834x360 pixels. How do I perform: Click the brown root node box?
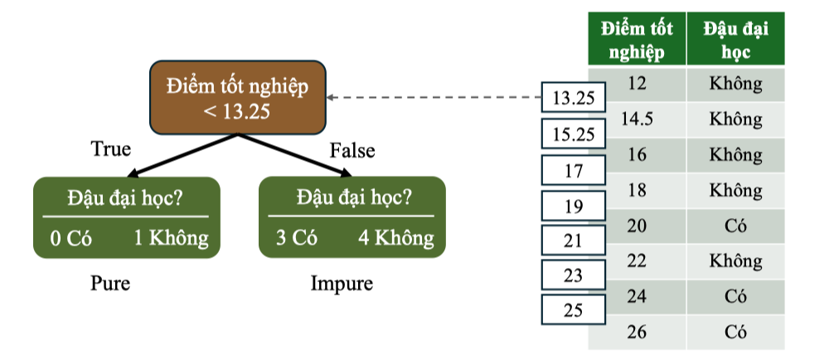(x=236, y=98)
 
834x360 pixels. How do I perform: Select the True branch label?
(x=110, y=149)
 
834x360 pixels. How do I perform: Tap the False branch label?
(x=352, y=151)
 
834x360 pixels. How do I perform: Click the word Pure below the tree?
(x=110, y=284)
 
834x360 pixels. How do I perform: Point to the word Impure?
(x=342, y=284)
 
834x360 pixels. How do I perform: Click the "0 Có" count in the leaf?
(x=70, y=239)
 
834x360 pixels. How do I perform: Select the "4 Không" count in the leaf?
(x=395, y=238)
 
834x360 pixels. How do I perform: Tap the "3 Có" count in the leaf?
(x=296, y=238)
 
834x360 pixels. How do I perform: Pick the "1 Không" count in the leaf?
(x=171, y=239)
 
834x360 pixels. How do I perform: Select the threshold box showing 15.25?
(x=573, y=134)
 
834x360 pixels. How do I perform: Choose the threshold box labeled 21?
(x=573, y=241)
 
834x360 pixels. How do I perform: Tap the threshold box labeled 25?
(x=573, y=311)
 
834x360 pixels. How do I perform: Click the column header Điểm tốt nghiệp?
(x=637, y=40)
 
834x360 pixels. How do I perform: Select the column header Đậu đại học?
(x=735, y=40)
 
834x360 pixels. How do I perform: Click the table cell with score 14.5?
(x=637, y=119)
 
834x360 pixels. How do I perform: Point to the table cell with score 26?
(x=637, y=331)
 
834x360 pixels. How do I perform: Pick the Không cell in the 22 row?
(x=735, y=260)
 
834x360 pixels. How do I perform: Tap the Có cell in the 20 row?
(x=735, y=226)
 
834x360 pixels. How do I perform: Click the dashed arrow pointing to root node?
(x=431, y=98)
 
